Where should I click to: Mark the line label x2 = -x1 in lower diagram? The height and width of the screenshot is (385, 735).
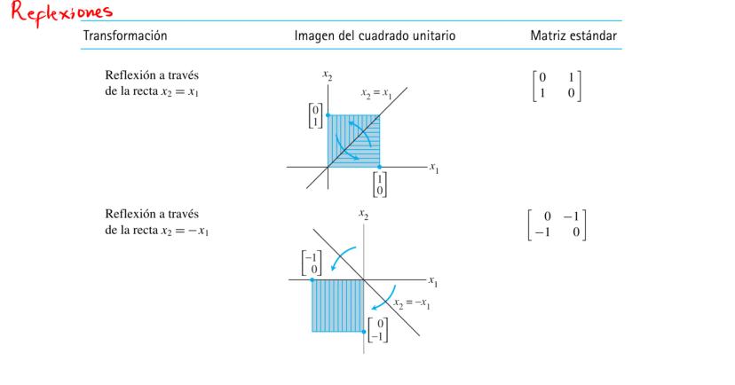point(408,303)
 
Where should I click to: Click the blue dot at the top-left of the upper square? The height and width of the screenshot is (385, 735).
point(328,114)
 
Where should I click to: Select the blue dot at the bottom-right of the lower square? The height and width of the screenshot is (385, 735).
point(365,331)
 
